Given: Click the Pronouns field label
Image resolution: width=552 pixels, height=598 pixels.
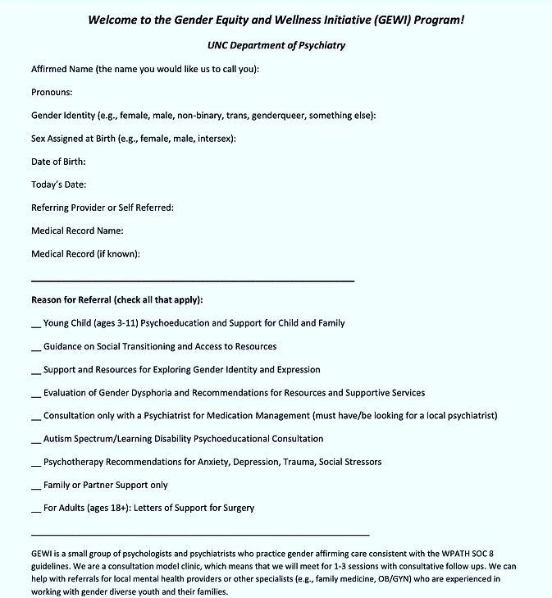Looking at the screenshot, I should click(x=52, y=93).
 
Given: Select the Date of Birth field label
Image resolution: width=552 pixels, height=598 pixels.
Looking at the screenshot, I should click(x=58, y=162).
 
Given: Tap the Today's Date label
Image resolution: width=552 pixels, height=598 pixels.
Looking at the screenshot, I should click(x=58, y=185).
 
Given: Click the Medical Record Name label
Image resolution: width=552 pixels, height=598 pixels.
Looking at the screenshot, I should click(x=77, y=231).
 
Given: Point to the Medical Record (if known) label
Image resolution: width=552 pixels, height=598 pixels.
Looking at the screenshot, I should click(x=85, y=253).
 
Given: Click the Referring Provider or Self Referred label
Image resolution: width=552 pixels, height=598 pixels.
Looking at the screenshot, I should click(x=103, y=208).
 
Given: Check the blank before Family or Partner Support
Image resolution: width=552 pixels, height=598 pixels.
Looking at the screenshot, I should click(x=36, y=486).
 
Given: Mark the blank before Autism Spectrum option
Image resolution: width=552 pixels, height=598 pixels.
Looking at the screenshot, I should click(x=36, y=440).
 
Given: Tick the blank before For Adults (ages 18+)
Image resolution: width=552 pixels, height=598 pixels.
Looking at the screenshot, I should click(x=36, y=509).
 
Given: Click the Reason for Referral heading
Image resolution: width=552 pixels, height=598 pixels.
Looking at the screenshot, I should click(x=116, y=299).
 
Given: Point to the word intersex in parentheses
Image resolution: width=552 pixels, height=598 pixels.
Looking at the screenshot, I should click(x=214, y=139).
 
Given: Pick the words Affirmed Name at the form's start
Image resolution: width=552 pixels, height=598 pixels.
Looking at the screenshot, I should click(x=62, y=70).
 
